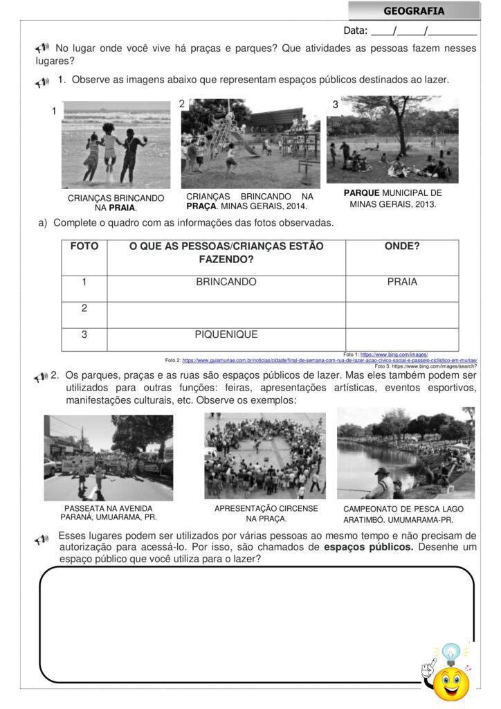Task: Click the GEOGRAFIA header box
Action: pos(414,11)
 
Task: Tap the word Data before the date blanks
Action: pos(356,30)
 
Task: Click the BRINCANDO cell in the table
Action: pos(226,282)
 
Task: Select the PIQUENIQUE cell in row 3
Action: pos(226,334)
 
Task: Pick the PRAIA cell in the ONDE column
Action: pos(402,282)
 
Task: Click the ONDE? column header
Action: pos(402,246)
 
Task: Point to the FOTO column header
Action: pos(84,246)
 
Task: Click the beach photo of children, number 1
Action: pos(116,145)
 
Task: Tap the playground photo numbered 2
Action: pos(250,143)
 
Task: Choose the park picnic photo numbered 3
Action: pos(392,140)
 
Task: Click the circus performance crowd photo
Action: pos(265,456)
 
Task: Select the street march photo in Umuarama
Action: pos(109,458)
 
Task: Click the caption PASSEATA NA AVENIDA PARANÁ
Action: pos(108,512)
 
